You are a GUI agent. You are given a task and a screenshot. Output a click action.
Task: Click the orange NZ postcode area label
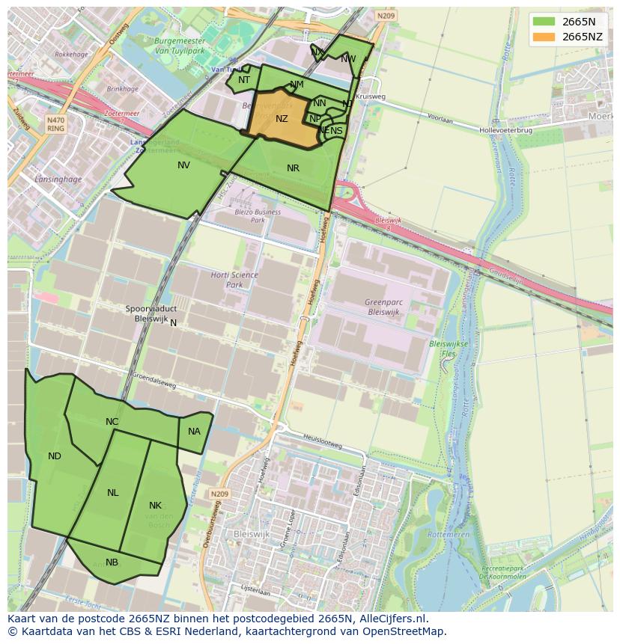click(282, 119)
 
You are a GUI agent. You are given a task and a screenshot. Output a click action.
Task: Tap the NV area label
click(183, 165)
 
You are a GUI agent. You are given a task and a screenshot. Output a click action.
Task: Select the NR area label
click(293, 168)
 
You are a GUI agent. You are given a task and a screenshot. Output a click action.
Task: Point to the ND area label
click(55, 456)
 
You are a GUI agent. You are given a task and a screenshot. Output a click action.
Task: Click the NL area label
click(113, 493)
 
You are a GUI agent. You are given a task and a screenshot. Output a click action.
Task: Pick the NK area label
click(155, 506)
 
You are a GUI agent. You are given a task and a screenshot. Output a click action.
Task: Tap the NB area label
click(112, 562)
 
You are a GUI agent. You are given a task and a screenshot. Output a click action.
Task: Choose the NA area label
click(194, 432)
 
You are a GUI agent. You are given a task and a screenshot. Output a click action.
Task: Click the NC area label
click(112, 422)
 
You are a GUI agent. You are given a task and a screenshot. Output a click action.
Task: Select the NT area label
click(244, 80)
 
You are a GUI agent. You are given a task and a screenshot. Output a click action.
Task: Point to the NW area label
click(348, 59)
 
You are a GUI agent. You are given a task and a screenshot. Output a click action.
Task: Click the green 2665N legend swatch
click(544, 22)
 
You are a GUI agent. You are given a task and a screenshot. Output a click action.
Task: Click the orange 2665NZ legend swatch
click(544, 37)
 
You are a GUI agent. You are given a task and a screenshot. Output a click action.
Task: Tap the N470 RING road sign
click(55, 123)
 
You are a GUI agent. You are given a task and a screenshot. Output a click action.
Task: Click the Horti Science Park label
click(234, 280)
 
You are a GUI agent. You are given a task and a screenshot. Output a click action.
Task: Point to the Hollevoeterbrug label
click(506, 129)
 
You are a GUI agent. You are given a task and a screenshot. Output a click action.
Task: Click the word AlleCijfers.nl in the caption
click(391, 619)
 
